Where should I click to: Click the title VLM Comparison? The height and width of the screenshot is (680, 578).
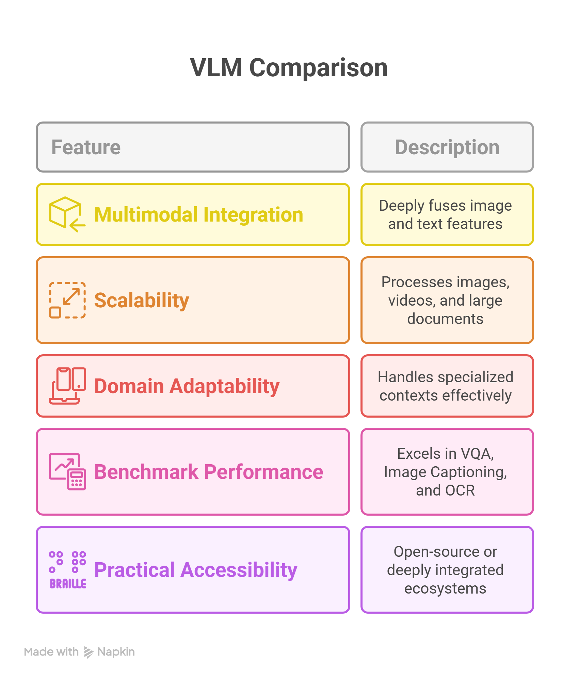click(289, 68)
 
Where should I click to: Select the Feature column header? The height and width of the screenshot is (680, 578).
click(86, 147)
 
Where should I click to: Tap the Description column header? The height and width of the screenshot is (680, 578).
click(447, 147)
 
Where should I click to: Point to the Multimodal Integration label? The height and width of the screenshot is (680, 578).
click(198, 215)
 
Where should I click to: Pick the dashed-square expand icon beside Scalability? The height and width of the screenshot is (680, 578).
click(67, 300)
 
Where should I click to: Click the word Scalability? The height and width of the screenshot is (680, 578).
click(141, 300)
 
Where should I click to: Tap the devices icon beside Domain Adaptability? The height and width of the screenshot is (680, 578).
click(67, 386)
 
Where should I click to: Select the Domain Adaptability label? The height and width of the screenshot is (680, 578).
click(187, 386)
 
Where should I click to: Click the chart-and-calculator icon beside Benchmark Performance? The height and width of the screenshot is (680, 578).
click(67, 471)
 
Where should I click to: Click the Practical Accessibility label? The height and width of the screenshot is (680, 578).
click(195, 570)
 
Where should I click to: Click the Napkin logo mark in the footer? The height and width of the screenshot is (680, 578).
click(89, 652)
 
